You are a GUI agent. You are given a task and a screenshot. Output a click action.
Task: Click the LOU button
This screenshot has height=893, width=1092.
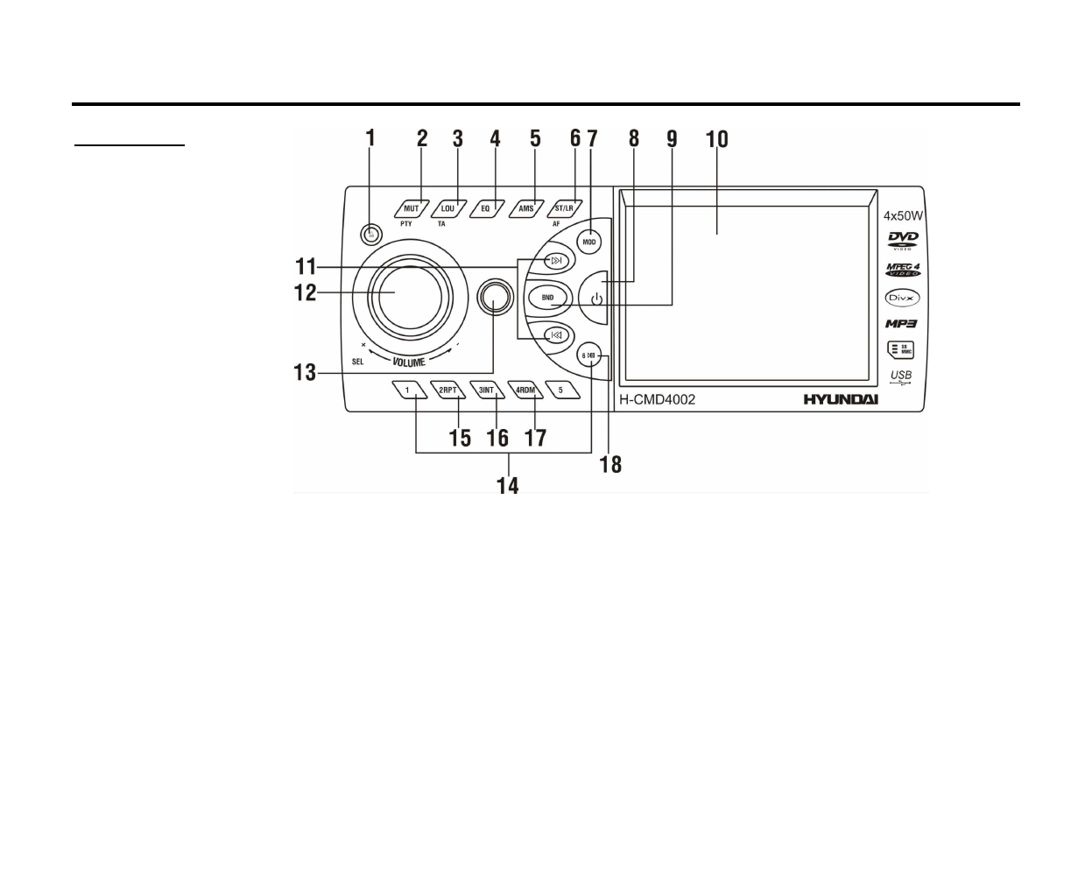click(x=448, y=209)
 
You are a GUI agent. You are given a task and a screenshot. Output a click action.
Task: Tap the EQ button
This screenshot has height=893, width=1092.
click(x=486, y=209)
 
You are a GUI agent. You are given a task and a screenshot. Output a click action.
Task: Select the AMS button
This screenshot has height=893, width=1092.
click(x=525, y=209)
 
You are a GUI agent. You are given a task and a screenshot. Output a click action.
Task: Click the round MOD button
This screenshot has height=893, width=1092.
click(x=589, y=242)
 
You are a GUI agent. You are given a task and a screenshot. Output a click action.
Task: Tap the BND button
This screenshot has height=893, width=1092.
click(x=547, y=298)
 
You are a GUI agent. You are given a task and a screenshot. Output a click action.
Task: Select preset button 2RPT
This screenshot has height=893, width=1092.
click(x=447, y=390)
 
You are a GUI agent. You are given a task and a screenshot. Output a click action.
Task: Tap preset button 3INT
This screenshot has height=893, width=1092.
click(x=487, y=390)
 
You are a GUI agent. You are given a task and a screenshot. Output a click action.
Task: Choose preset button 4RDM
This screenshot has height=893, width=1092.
click(x=525, y=390)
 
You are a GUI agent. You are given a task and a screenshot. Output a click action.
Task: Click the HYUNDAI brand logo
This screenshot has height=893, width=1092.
click(x=841, y=399)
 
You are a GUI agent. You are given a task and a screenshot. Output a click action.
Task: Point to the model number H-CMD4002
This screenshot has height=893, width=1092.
click(x=658, y=399)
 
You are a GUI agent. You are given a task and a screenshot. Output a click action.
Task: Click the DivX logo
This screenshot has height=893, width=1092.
click(x=901, y=298)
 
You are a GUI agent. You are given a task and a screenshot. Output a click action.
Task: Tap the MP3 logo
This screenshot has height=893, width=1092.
click(x=900, y=324)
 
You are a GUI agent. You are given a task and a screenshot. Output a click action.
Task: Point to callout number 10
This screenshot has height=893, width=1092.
click(x=716, y=139)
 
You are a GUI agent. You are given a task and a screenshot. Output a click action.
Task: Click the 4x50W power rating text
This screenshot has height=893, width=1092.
click(x=903, y=215)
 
